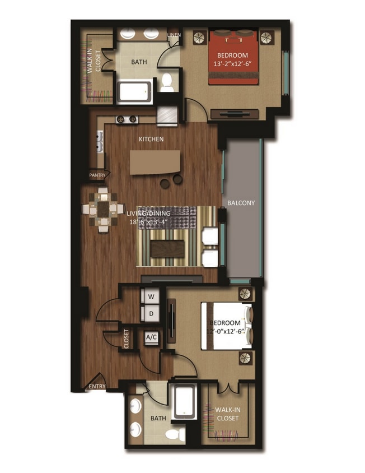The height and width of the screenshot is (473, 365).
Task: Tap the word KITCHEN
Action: (151, 138)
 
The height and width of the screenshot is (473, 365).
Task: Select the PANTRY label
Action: (97, 175)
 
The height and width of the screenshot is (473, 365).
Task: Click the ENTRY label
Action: (96, 386)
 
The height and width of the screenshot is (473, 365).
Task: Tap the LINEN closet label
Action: (174, 36)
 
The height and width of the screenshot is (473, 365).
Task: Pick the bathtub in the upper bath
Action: (134, 92)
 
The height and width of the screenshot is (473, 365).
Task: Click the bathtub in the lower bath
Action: (184, 402)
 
